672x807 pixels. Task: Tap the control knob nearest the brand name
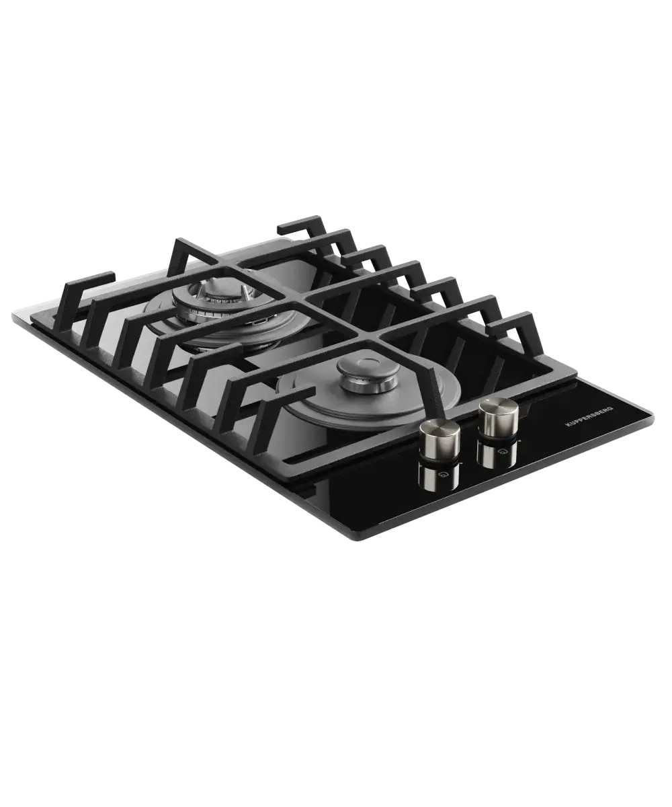(499, 417)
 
